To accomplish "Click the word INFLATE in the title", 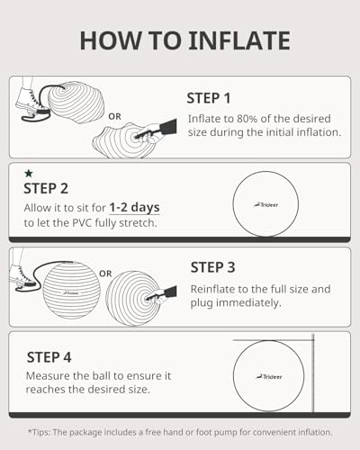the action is [x=239, y=40].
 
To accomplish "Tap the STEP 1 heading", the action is [x=209, y=98].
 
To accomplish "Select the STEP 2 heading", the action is [x=46, y=189].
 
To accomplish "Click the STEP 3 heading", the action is [x=212, y=267].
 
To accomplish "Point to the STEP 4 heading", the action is [x=49, y=357].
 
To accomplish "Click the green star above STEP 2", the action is [x=29, y=173].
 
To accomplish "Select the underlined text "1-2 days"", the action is [x=134, y=208].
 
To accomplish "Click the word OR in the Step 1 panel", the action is [x=114, y=116].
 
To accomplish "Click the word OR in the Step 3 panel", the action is [x=105, y=274].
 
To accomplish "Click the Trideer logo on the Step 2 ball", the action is [x=265, y=205].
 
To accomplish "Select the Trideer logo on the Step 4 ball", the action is [x=269, y=377].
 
